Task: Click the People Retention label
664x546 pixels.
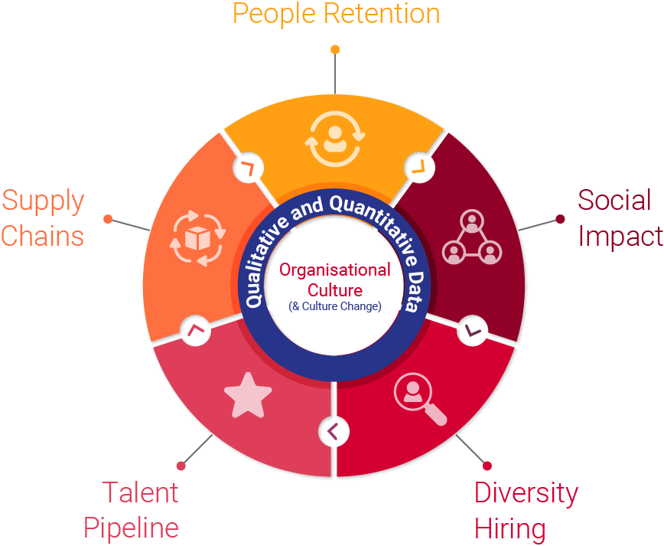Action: click(x=336, y=14)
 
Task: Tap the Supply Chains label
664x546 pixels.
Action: click(x=43, y=217)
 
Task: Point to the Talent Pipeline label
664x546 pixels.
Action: click(x=132, y=510)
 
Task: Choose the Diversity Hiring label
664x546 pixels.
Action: click(x=526, y=510)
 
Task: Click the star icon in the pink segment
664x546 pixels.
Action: click(x=248, y=395)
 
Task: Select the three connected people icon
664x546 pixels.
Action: click(x=471, y=238)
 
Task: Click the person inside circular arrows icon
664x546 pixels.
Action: click(x=334, y=139)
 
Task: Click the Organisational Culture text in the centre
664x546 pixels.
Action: click(x=335, y=280)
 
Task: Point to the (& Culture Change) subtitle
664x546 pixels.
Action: click(x=335, y=306)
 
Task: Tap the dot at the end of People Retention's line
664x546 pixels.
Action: click(x=335, y=50)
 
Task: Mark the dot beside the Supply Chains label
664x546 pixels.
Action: click(x=108, y=219)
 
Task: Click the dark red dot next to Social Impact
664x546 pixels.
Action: click(x=561, y=219)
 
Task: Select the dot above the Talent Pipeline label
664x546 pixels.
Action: click(x=181, y=466)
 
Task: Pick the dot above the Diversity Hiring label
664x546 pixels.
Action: click(x=487, y=466)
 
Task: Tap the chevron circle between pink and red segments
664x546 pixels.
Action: click(x=334, y=431)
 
